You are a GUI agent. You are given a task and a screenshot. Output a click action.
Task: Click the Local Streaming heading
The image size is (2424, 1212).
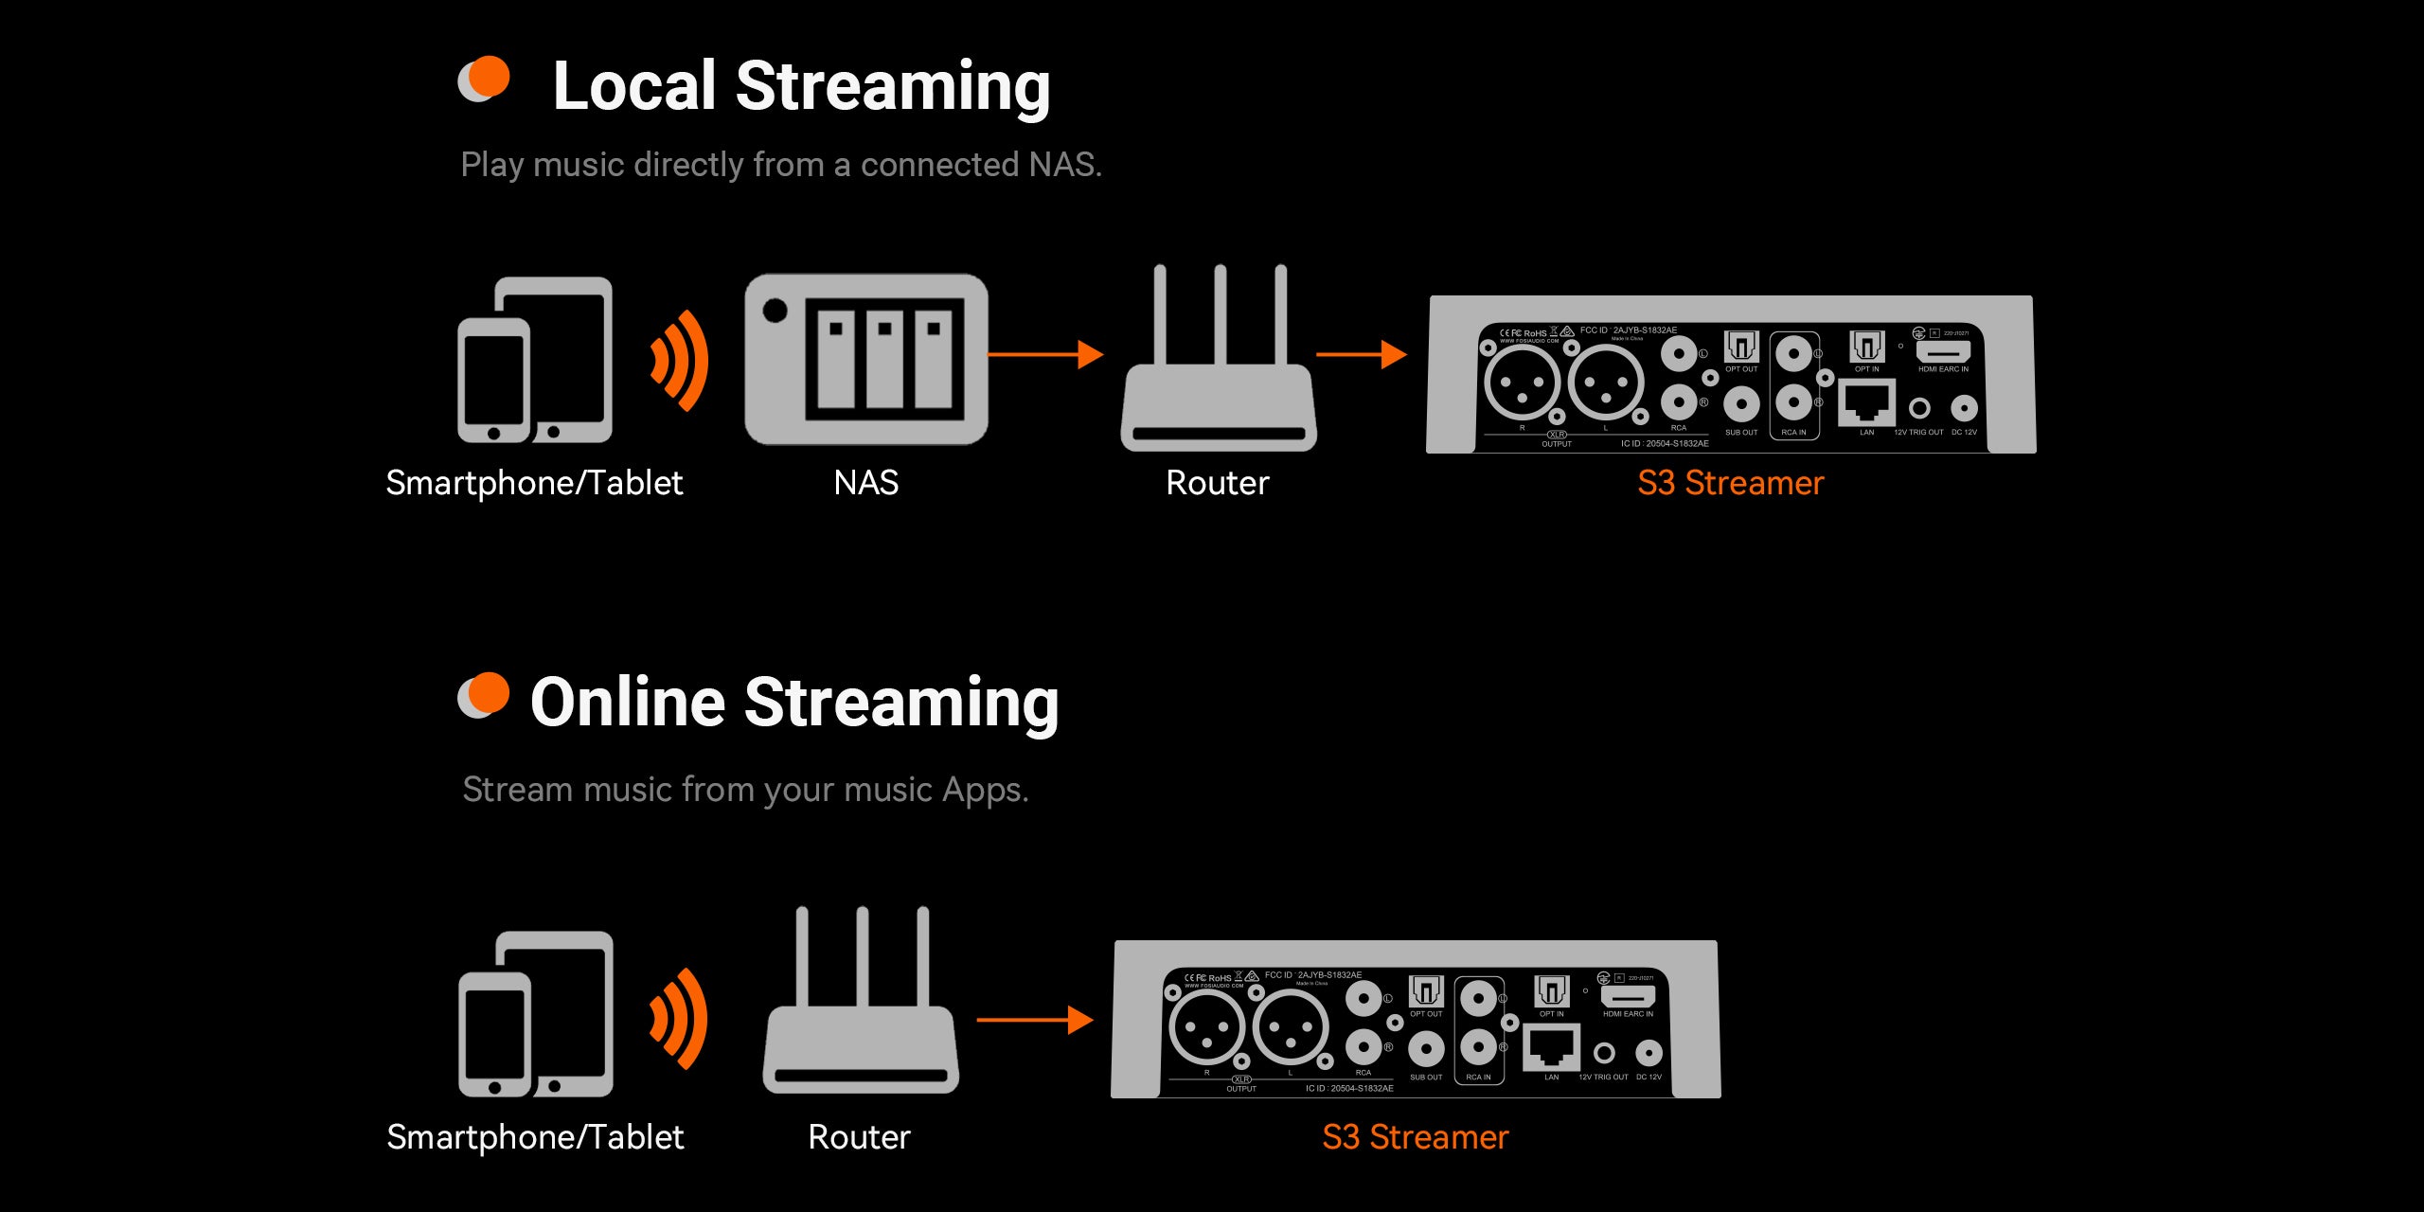point(801,86)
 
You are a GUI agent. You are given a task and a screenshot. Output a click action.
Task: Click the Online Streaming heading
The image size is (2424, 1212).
point(794,703)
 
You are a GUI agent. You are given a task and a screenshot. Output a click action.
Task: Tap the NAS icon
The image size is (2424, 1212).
point(866,360)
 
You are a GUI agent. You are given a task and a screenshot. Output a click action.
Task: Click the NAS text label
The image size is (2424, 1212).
point(865,483)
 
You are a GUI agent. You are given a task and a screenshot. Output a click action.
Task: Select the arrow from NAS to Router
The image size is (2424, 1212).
point(1045,355)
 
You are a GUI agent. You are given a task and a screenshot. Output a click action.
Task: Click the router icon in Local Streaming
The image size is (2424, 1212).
point(1219,360)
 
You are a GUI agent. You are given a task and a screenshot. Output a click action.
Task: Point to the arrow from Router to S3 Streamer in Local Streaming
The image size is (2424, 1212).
point(1361,355)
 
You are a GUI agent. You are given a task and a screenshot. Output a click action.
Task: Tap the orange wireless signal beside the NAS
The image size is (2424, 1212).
point(680,361)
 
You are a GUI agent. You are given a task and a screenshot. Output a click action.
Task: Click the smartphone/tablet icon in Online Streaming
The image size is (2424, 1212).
point(536,1014)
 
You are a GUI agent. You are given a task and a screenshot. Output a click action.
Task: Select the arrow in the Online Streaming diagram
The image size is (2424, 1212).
point(1035,1020)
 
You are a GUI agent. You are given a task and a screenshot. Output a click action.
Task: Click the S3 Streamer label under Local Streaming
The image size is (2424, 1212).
point(1730,483)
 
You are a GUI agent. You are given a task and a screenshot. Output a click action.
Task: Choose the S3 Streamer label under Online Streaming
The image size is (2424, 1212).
point(1415,1137)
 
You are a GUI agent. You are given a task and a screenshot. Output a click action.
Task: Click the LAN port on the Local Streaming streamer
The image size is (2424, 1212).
point(1866,403)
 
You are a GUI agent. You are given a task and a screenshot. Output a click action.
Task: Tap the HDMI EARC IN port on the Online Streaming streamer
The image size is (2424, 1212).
point(1628,997)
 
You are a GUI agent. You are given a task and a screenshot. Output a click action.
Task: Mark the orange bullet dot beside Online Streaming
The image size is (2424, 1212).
point(489,693)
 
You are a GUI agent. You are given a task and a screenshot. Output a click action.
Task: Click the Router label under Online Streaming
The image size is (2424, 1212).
point(859,1137)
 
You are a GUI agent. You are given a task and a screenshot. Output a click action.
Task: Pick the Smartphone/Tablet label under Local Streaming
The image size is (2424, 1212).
point(534,483)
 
